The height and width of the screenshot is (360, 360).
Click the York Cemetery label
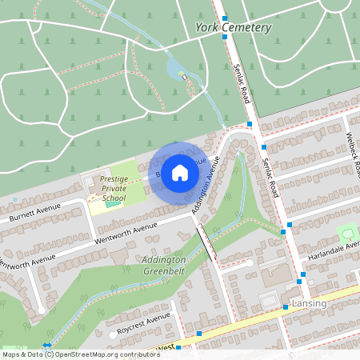(234, 28)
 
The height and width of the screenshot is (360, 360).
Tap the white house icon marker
(180, 171)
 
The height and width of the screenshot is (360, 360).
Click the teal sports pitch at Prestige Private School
(110, 205)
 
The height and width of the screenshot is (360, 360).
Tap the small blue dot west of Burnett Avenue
(14, 198)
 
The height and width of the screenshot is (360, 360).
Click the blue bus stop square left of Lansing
(285, 306)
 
